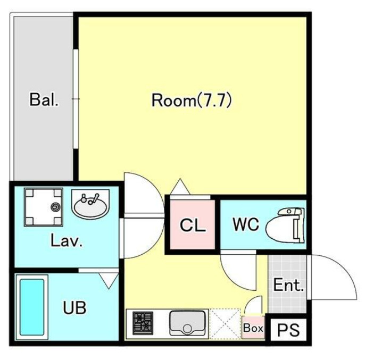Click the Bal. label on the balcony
pos(44,99)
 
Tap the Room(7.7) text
pos(192,100)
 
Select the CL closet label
pos(193,225)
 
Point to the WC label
pos(246,224)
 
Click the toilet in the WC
pos(285,225)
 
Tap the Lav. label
pos(67,240)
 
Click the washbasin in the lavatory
pos(90,203)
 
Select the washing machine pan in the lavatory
pos(44,207)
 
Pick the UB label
pos(74,307)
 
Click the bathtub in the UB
pos(32,307)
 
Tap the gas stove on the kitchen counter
pos(143,323)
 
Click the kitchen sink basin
pos(188,323)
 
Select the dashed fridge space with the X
pos(225,323)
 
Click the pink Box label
pos(253,328)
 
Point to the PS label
pos(288,330)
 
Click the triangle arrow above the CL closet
pos(180,187)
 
